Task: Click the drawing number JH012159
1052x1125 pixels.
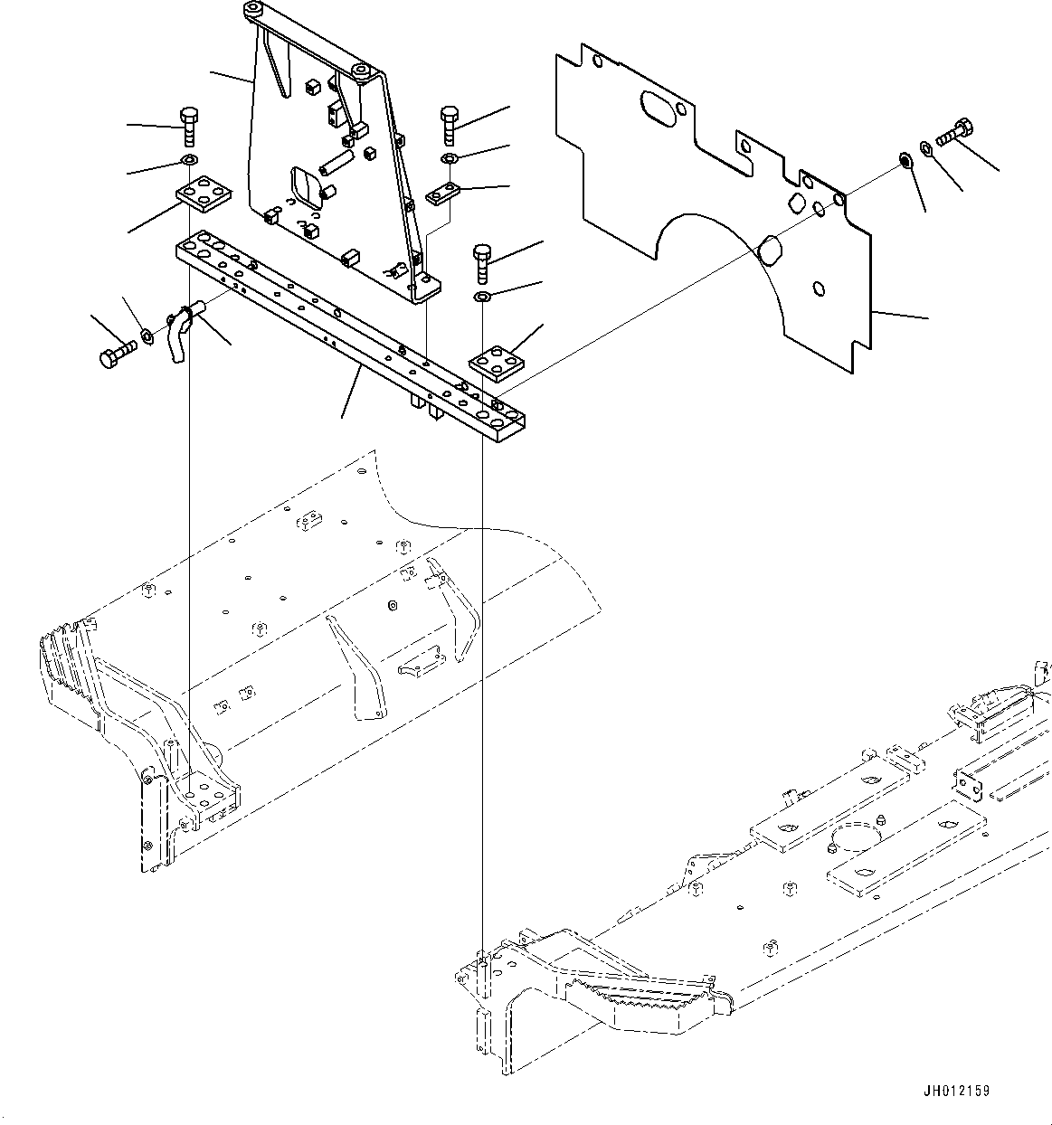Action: [957, 1091]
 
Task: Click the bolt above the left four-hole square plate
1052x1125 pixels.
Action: [188, 127]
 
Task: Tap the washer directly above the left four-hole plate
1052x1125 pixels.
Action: [189, 161]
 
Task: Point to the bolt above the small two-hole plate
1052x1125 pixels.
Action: [450, 125]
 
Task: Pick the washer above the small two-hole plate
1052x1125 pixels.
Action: [450, 159]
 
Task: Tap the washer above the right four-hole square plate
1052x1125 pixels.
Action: [482, 297]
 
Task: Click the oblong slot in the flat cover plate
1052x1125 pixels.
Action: [665, 109]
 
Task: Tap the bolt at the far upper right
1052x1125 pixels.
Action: [956, 134]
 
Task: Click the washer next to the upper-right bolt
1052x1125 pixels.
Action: [927, 147]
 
